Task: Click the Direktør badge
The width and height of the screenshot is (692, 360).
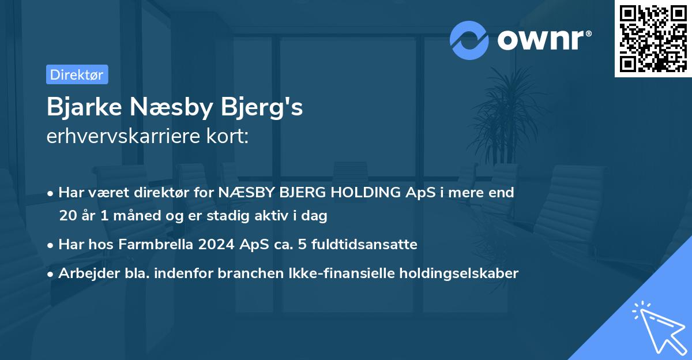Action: (x=77, y=74)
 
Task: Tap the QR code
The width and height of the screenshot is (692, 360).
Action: (x=653, y=38)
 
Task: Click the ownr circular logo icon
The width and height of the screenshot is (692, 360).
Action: (x=469, y=40)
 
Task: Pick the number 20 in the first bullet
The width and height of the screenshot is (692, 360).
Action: (x=67, y=216)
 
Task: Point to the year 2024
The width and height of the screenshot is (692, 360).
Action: (x=216, y=244)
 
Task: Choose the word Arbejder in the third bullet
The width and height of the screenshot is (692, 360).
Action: (x=84, y=273)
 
